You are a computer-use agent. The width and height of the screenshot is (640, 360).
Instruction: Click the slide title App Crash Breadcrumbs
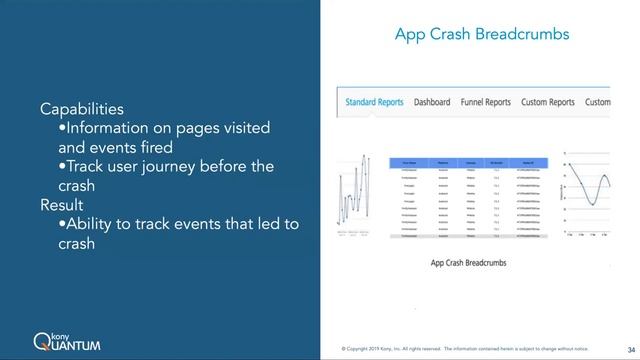coord(482,34)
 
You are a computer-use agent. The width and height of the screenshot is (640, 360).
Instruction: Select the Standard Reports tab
coord(375,102)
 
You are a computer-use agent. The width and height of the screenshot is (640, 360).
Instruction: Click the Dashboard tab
coord(432,102)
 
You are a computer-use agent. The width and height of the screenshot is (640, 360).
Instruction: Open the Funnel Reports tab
coord(485,102)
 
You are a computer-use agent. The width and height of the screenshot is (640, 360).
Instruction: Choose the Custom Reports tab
coord(547,102)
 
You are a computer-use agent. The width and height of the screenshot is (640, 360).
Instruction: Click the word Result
coord(62,204)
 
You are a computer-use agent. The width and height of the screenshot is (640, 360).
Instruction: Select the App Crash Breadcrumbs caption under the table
coord(468,263)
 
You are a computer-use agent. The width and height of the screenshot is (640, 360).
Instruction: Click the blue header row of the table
coord(467,161)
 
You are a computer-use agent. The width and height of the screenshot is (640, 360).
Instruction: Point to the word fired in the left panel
coord(166,147)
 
